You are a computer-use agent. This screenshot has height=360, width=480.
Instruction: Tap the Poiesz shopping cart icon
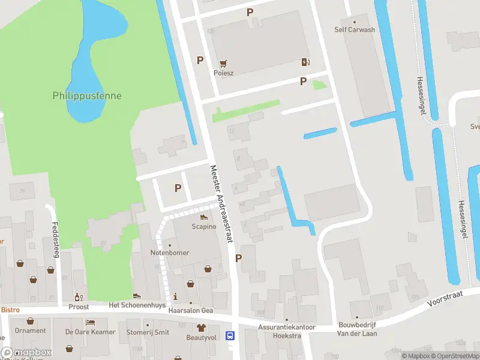[224, 62]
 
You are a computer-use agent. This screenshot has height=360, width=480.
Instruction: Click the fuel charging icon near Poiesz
[305, 62]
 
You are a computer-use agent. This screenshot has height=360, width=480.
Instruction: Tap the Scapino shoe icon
[203, 217]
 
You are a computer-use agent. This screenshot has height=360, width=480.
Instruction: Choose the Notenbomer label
[169, 253]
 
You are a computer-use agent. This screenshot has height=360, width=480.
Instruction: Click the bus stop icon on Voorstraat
[230, 335]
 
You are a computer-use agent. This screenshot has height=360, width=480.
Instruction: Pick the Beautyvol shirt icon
[201, 328]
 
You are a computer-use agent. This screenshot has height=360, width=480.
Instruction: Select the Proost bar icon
[77, 296]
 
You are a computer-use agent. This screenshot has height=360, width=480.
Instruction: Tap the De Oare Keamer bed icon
[91, 322]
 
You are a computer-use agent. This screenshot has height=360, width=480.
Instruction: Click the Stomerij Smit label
[148, 332]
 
